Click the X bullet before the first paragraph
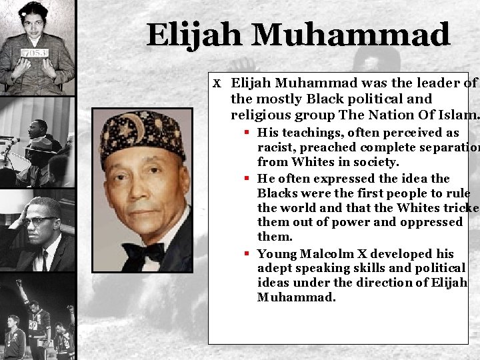coord(217,83)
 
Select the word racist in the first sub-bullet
coord(275,147)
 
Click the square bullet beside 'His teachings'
coord(247,133)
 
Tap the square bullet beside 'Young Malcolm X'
coord(247,253)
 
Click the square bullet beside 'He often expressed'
coord(247,179)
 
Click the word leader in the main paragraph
coord(431,83)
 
